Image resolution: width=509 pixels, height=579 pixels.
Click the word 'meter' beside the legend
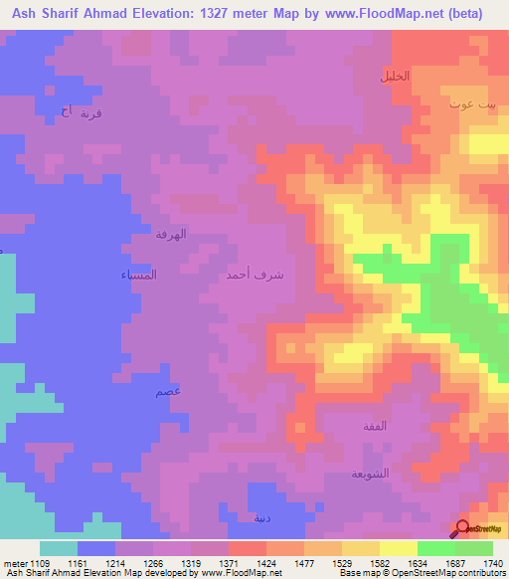(12, 562)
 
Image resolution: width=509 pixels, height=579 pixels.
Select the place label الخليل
(395, 76)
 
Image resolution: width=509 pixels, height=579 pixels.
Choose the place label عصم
(168, 392)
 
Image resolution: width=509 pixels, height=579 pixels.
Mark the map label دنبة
(260, 518)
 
